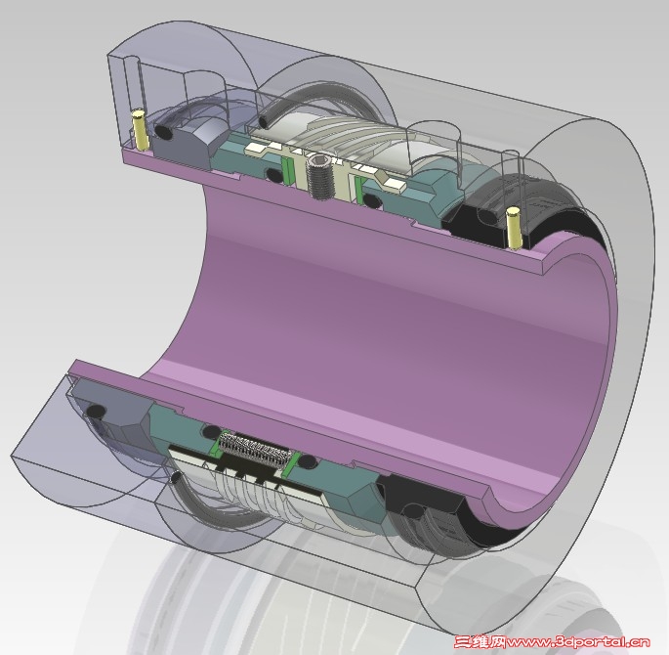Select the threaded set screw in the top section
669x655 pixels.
coord(318,175)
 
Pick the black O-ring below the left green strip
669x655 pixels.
coord(274,174)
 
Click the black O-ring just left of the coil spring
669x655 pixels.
coord(208,432)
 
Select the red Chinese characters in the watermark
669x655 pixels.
coord(479,643)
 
